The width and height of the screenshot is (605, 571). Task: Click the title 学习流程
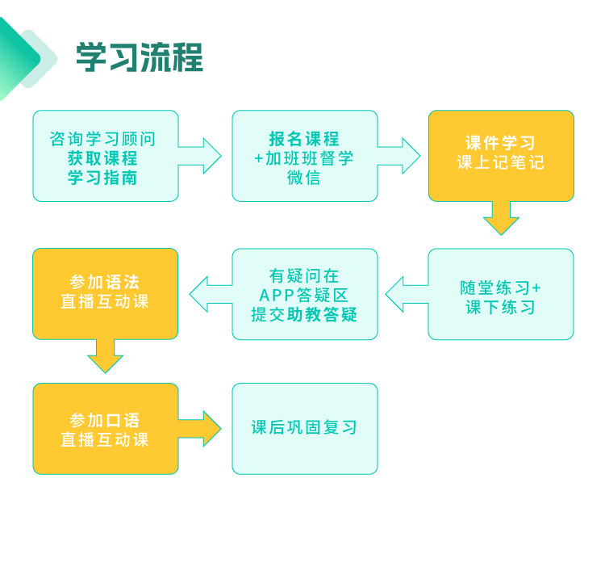click(x=139, y=57)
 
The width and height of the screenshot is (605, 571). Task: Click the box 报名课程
click(x=304, y=156)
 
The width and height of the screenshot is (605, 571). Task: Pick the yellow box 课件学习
click(x=500, y=156)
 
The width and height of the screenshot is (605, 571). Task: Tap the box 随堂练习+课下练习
click(x=500, y=294)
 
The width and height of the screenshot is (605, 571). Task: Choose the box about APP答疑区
click(x=304, y=294)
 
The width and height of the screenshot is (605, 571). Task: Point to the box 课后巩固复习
click(x=304, y=429)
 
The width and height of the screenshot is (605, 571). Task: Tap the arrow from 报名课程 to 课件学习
click(x=400, y=155)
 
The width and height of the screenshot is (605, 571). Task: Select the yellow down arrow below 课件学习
click(x=501, y=218)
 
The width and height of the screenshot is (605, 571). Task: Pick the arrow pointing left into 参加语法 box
click(x=207, y=294)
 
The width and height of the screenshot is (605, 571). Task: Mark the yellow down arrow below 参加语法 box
click(x=105, y=356)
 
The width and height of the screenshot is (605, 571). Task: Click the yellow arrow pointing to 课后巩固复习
click(x=202, y=429)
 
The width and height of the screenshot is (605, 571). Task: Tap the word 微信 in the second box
click(x=304, y=178)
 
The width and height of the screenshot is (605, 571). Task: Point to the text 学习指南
click(x=102, y=178)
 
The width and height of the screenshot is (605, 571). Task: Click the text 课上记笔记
click(x=500, y=163)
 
